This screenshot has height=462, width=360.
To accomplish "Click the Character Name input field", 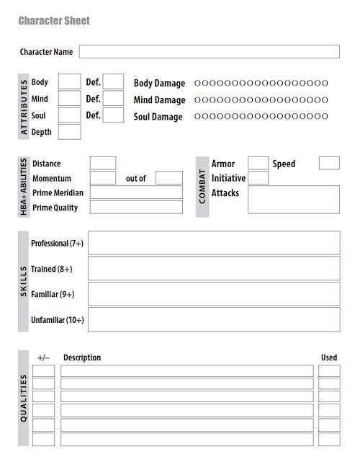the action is pos(209,52).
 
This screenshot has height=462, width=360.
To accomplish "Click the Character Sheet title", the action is pos(54,21).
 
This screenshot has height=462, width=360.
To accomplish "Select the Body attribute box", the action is pos(69,82).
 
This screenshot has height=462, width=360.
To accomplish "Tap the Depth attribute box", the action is pos(69,132).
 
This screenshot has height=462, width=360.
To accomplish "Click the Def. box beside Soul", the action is pos(113,115).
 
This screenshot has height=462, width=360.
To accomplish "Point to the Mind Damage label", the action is pos(159,100).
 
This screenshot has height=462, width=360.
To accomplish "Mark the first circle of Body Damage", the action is pos(197,83).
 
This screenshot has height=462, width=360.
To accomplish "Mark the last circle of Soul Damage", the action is pos(325,116).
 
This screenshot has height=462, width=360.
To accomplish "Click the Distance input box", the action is pos(103,164).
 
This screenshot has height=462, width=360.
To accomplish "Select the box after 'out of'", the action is pos(169,178).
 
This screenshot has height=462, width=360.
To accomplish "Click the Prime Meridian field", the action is pos(136,192).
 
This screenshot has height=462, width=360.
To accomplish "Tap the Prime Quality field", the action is pos(136,208).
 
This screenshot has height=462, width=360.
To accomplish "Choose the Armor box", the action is pos(258,164).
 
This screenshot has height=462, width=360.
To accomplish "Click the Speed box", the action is pos(329,164).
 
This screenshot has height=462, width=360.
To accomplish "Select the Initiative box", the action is pos(258,178).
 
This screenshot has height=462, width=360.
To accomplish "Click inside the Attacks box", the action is pos(293,200).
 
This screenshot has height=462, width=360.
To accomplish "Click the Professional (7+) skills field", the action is pos(213,244).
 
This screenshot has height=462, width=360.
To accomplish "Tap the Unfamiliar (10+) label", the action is pos(58,319).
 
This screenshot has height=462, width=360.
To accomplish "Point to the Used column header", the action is pos(328,357).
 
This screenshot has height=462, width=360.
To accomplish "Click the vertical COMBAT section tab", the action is pos(202,186).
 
